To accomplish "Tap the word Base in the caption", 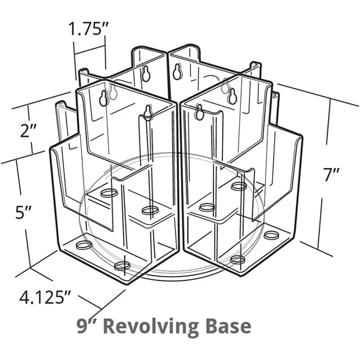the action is [227, 327].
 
